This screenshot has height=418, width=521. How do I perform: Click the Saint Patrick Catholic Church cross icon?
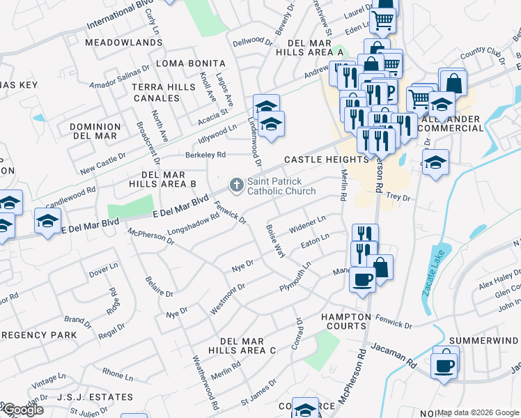236,185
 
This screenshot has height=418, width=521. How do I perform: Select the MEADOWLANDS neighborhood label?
114,42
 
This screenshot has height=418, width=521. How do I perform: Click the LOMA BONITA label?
191,63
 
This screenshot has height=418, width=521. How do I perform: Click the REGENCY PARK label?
38,335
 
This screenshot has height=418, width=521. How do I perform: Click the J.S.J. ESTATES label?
95,397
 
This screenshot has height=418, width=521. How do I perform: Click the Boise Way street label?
275,240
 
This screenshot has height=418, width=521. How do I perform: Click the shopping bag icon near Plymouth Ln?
381,266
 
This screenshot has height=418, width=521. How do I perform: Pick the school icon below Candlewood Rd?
47,222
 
